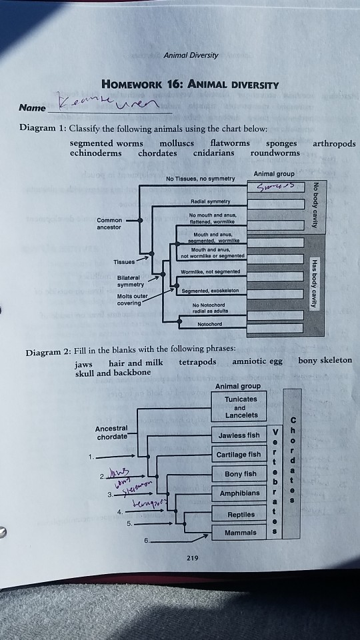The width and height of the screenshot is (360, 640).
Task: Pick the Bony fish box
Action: coord(240,475)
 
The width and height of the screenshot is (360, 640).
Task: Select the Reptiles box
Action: coord(241,514)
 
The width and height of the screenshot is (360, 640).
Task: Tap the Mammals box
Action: coord(241,533)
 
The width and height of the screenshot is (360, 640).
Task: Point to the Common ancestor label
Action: coord(109,223)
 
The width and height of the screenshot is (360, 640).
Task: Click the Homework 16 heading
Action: coord(190,85)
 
